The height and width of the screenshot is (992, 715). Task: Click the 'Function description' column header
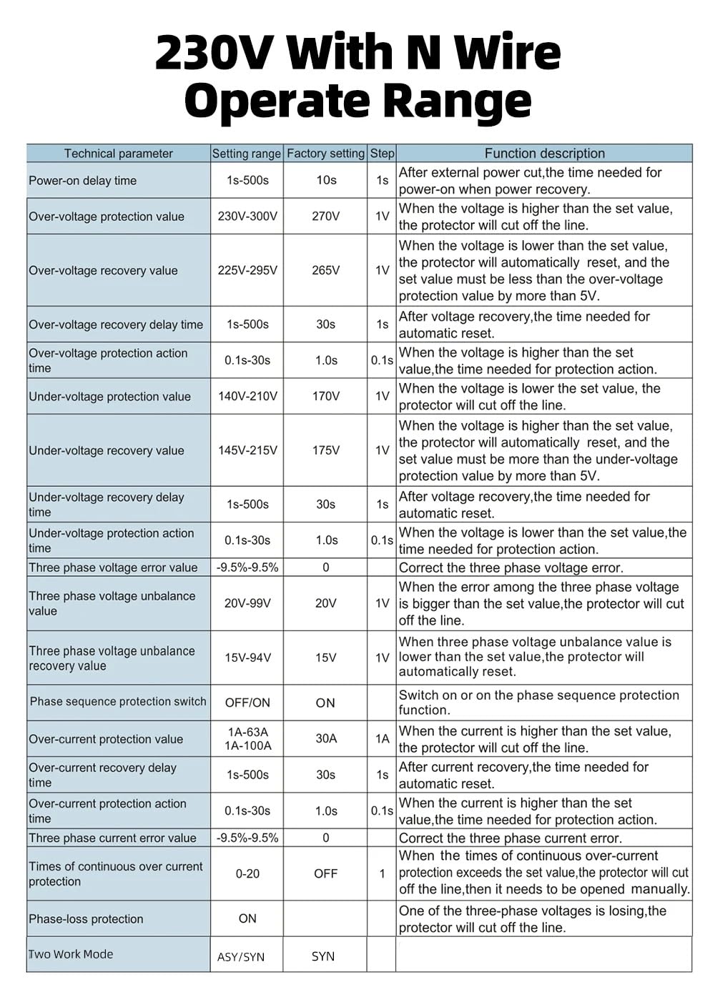(x=544, y=154)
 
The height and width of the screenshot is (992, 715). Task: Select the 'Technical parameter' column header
(x=118, y=154)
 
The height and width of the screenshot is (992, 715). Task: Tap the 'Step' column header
(x=382, y=154)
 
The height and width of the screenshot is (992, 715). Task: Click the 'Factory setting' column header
(x=325, y=154)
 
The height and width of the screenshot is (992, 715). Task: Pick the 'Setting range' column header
(x=247, y=154)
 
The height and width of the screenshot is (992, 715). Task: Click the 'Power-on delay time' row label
(x=82, y=181)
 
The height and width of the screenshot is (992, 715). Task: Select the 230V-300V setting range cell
(x=247, y=216)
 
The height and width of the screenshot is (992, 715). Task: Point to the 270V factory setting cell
(x=325, y=216)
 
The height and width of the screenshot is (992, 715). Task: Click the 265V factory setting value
(x=325, y=270)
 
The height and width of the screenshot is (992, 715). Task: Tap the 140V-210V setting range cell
(x=247, y=396)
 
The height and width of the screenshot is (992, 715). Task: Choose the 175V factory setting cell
(x=325, y=450)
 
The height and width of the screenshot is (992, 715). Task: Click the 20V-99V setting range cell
(x=247, y=603)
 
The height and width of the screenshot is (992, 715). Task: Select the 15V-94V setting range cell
(x=247, y=658)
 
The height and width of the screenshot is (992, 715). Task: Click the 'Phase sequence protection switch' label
(x=118, y=702)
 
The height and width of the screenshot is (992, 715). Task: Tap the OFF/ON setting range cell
(x=247, y=703)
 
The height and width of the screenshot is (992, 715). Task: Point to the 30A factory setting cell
(x=326, y=738)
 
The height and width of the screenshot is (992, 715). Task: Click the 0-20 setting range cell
(x=247, y=873)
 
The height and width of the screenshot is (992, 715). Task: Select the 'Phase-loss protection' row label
(x=86, y=919)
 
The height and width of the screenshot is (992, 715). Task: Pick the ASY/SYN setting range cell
(x=241, y=957)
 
